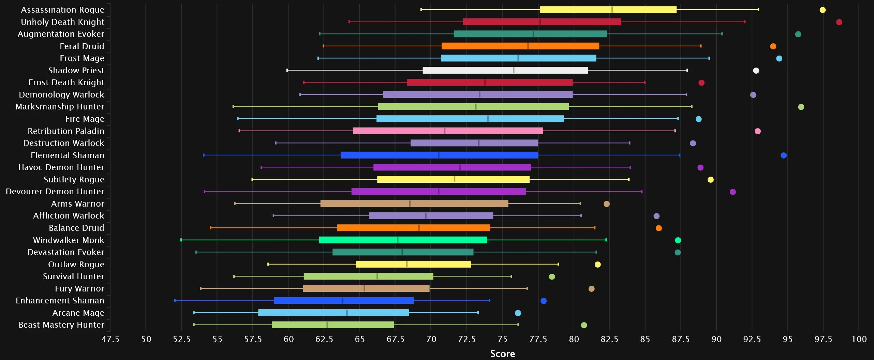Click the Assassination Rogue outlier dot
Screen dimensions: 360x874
tap(823, 10)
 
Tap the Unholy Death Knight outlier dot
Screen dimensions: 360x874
tap(839, 22)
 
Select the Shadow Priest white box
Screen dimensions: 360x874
tap(505, 70)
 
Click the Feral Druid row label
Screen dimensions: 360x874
tap(82, 46)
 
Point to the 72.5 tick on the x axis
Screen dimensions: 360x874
tap(467, 339)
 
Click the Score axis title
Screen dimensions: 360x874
tap(502, 354)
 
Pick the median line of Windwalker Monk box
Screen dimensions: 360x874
tap(398, 240)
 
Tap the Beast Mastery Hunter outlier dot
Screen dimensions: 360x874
tap(584, 325)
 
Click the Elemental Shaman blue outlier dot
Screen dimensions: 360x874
tap(784, 155)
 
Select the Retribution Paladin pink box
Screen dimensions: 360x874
tap(448, 131)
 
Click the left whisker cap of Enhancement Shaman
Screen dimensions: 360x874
tap(175, 301)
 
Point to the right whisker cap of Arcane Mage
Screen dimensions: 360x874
tap(478, 313)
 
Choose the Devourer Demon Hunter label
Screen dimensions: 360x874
tap(55, 192)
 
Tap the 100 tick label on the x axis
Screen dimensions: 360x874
tap(859, 339)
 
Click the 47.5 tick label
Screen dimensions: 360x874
tap(110, 339)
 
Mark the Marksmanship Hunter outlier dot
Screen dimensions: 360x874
tap(801, 107)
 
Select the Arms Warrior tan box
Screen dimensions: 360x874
tap(414, 204)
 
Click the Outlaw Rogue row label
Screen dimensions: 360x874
tap(76, 264)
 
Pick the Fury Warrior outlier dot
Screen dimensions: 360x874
tap(591, 289)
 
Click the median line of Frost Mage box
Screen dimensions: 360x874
tap(518, 58)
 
